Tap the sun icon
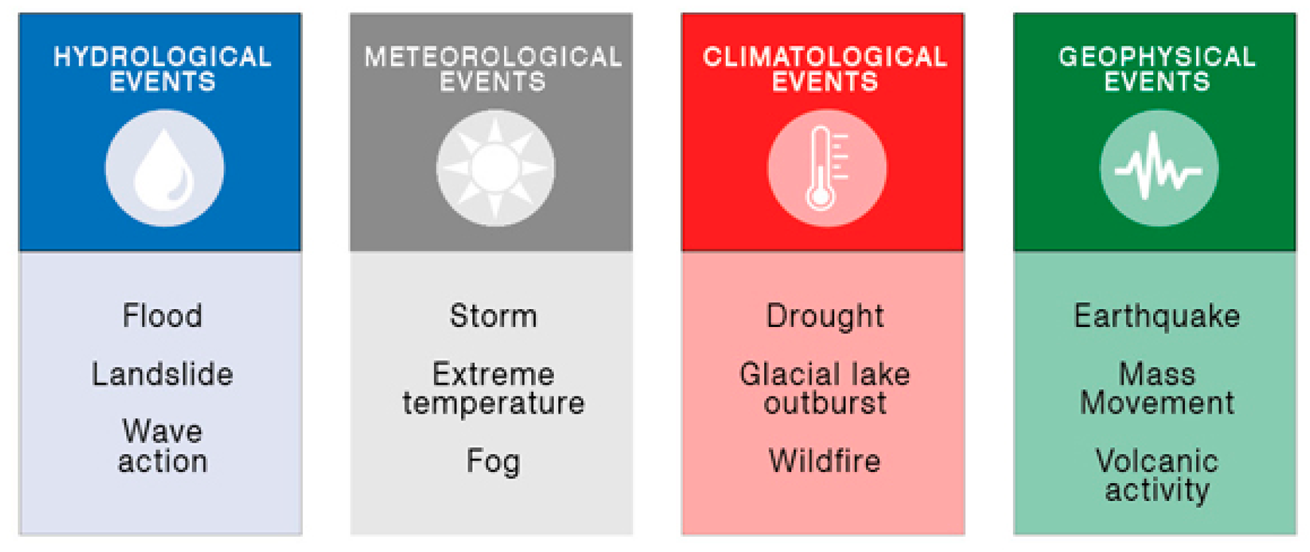[x=496, y=168]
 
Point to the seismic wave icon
[x=1158, y=167]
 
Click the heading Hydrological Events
[x=163, y=69]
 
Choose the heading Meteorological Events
[x=493, y=69]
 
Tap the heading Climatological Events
[x=825, y=69]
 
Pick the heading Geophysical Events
[x=1157, y=69]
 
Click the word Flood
[x=163, y=315]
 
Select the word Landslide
[x=163, y=374]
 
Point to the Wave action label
[x=163, y=446]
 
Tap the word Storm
[x=494, y=315]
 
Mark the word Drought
[x=825, y=316]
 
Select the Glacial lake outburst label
[x=825, y=389]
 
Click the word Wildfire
[x=825, y=461]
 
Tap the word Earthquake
[x=1157, y=316]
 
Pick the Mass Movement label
[x=1157, y=389]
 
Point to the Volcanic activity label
[x=1157, y=476]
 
